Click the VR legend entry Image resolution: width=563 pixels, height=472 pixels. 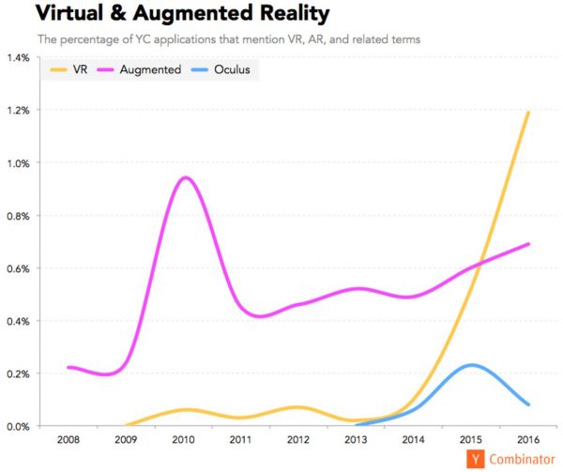(69, 69)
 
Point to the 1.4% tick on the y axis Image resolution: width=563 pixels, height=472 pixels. (18, 58)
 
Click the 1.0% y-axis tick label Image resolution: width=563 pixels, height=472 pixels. (18, 163)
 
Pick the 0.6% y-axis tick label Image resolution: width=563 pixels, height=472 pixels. (18, 268)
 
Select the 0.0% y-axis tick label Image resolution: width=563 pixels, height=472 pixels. (18, 427)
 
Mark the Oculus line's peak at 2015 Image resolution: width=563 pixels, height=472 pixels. (472, 365)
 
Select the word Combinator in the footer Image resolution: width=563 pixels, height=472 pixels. (516, 459)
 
